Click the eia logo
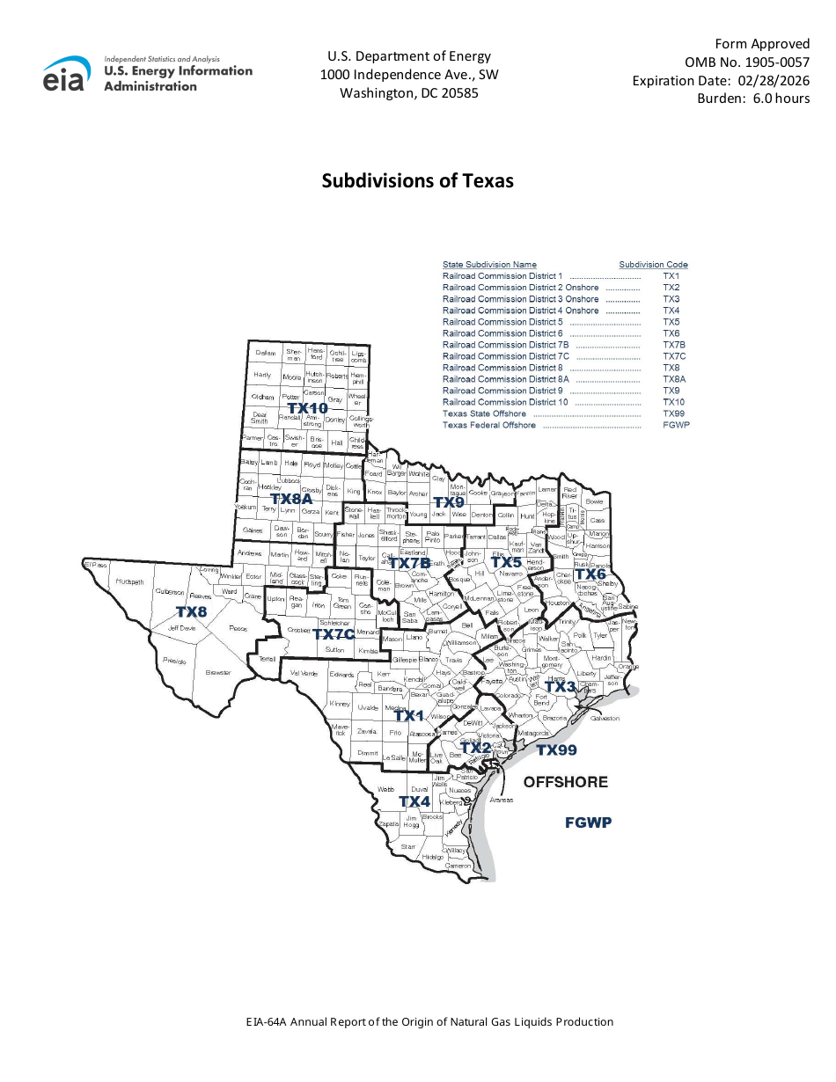point(66,74)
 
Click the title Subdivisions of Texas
point(417,180)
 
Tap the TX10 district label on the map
point(307,408)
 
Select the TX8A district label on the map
point(291,498)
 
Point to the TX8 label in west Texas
point(191,610)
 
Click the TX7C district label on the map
point(334,634)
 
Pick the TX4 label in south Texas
point(414,801)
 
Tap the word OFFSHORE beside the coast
point(566,781)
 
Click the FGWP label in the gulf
point(588,822)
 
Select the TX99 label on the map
point(556,749)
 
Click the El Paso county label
point(95,563)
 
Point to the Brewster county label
point(218,672)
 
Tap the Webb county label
point(385,789)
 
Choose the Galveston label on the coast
point(605,718)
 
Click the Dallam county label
point(265,353)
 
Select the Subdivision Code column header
point(653,265)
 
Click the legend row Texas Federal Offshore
point(488,425)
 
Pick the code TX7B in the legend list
point(674,345)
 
